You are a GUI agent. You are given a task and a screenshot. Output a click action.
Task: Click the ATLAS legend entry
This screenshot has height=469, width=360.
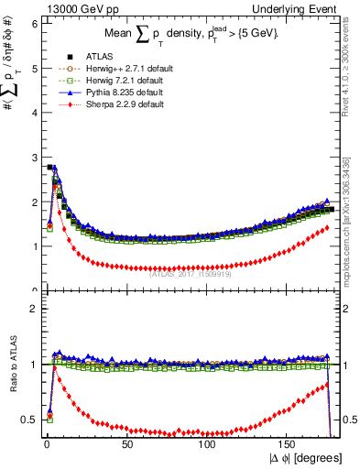click(x=82, y=57)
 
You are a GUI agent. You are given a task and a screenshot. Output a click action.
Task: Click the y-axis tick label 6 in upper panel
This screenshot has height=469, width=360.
click(x=33, y=24)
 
